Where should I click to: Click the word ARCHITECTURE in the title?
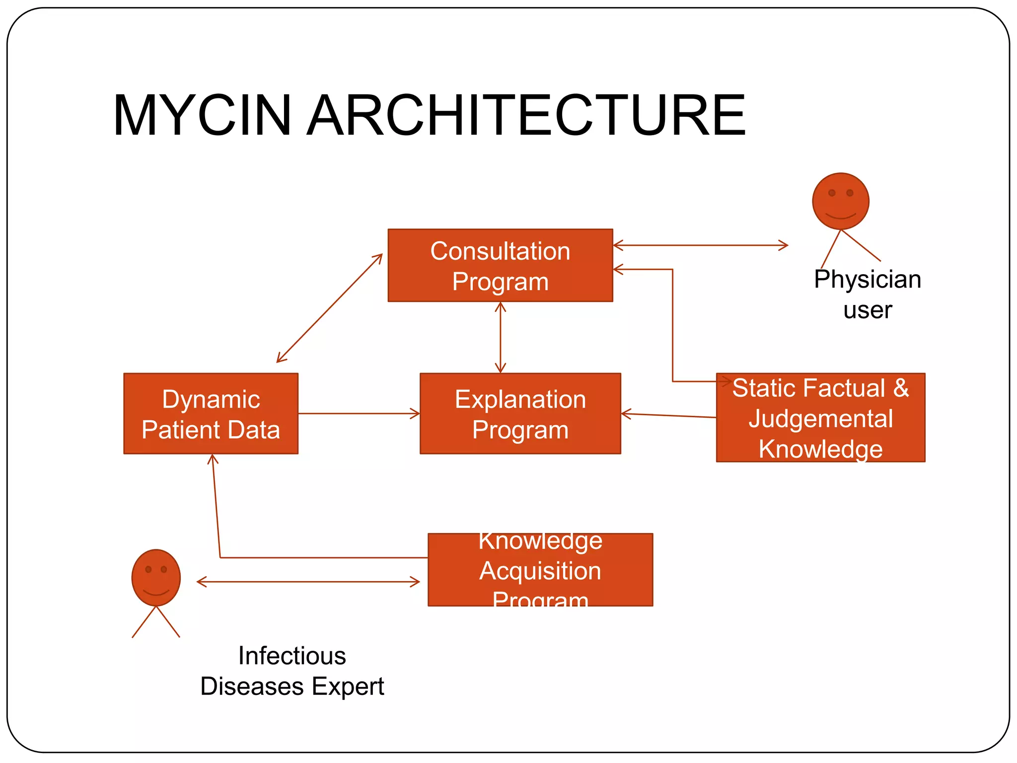tap(526, 115)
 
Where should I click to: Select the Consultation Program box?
tap(500, 265)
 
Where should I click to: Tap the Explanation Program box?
tap(520, 414)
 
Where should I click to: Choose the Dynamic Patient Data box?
tap(211, 414)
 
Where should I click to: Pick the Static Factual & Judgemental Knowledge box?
tap(820, 418)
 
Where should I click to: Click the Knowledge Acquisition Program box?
tap(540, 570)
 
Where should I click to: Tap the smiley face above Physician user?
tap(840, 201)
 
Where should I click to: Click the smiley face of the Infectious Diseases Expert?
tap(156, 578)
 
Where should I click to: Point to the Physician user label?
tap(867, 294)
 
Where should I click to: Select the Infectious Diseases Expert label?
tap(292, 671)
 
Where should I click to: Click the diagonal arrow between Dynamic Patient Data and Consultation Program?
tap(329, 308)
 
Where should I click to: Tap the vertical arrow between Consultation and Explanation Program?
tap(501, 337)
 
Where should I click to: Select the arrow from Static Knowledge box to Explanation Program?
tap(668, 415)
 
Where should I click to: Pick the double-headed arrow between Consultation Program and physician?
tap(700, 245)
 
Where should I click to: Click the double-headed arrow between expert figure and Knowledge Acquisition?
tap(308, 582)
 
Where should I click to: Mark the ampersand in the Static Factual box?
tap(901, 388)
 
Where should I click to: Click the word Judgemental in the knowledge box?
tap(820, 419)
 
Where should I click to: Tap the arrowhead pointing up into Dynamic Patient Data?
tap(213, 459)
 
